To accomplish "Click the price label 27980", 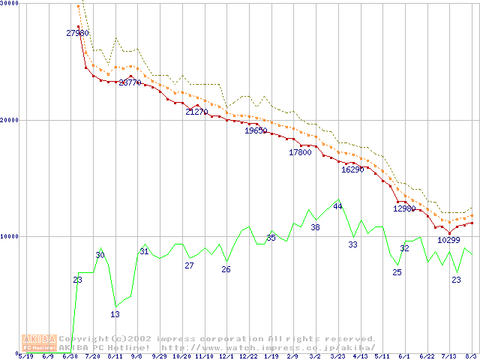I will [x=77, y=33].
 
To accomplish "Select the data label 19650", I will [x=256, y=130].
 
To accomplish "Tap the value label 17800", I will [x=300, y=152].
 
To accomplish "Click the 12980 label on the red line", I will [x=404, y=208].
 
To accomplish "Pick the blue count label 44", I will [x=337, y=206].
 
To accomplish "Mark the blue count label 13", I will [x=115, y=314].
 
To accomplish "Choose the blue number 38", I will [x=315, y=227].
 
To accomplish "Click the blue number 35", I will [x=271, y=238].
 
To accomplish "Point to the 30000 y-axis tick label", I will [x=9, y=4].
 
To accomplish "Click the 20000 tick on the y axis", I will [x=9, y=120].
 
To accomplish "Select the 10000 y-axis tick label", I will [x=9, y=236].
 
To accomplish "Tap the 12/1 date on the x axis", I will [x=226, y=356].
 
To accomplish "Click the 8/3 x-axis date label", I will [x=472, y=356].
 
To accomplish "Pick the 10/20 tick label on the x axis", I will [x=181, y=356].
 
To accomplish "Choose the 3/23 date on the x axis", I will [x=337, y=356].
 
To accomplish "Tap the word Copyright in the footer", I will [x=80, y=339].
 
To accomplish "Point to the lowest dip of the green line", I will [x=115, y=305].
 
